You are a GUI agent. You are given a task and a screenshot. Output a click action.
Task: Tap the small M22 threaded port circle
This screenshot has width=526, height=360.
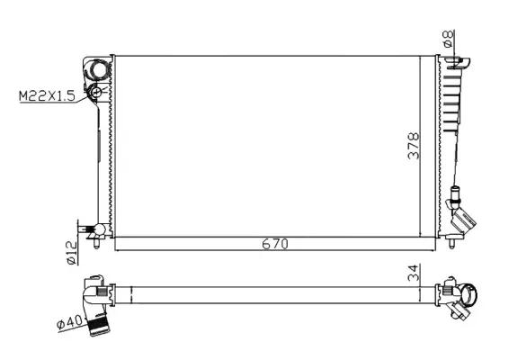[95, 92]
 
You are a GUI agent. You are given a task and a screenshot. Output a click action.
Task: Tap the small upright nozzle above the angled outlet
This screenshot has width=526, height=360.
[456, 192]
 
